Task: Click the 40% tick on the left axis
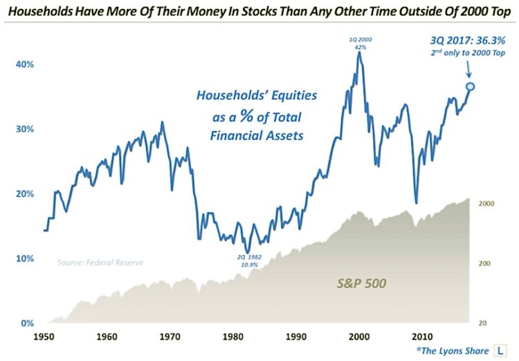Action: [x=24, y=64]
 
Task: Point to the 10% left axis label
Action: [x=24, y=258]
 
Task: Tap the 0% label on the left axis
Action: [x=26, y=324]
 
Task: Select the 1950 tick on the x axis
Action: [x=44, y=336]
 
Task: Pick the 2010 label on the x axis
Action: [x=420, y=336]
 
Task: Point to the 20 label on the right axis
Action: [x=486, y=324]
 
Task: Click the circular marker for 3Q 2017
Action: [x=471, y=87]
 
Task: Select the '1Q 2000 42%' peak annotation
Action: [x=358, y=43]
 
